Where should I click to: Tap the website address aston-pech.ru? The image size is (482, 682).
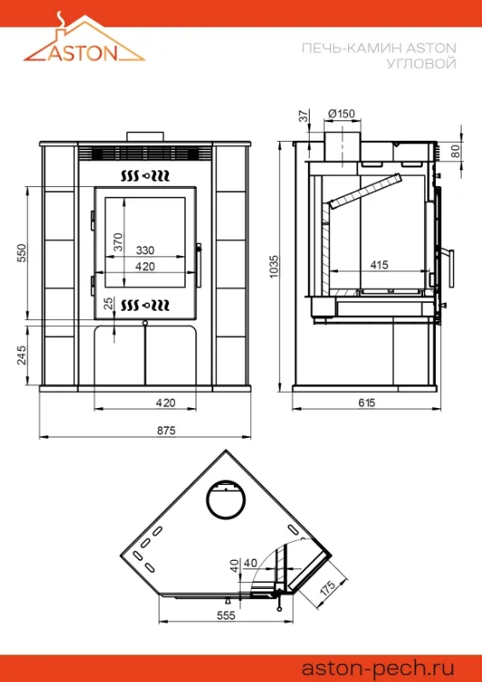point(378,667)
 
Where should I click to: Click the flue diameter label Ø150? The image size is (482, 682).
point(341,114)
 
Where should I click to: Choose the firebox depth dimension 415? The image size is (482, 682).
point(379,264)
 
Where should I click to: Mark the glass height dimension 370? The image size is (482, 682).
point(119,242)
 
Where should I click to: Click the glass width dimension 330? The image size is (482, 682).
point(145,251)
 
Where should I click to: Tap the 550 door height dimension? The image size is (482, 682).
point(22,253)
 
